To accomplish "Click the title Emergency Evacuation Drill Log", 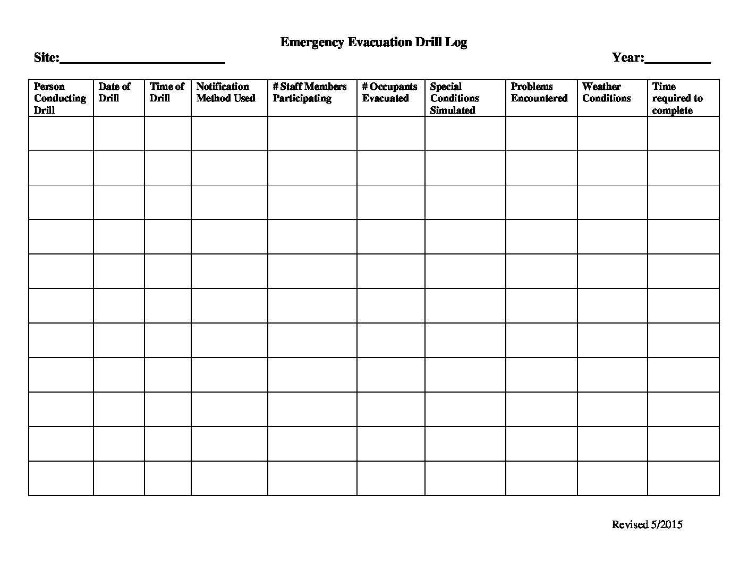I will click(373, 42).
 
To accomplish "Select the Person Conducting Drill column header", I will click(60, 98).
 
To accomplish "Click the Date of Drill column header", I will click(115, 92).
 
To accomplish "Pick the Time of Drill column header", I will click(167, 92).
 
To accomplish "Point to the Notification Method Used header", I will click(226, 92).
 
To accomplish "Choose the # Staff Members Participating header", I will click(310, 92).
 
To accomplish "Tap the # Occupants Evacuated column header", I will click(390, 92).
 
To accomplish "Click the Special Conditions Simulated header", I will click(455, 98).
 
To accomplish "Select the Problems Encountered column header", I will click(539, 92).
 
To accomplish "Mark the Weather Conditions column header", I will click(607, 92).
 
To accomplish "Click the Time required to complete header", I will click(678, 98).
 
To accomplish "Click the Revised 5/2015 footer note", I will click(647, 525).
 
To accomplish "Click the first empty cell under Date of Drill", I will click(119, 133).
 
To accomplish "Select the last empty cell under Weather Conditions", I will click(613, 478).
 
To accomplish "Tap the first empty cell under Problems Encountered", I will click(541, 133).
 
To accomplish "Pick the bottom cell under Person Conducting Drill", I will click(61, 478).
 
